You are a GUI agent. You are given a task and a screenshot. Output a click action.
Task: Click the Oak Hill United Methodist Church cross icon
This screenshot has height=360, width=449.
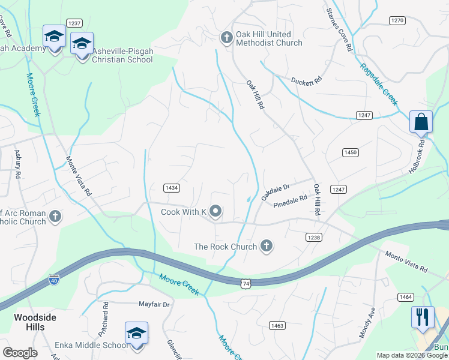tap(227, 38)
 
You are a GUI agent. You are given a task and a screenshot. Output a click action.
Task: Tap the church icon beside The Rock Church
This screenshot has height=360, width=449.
tap(267, 246)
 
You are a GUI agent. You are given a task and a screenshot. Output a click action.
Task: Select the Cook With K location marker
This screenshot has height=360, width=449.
tap(215, 212)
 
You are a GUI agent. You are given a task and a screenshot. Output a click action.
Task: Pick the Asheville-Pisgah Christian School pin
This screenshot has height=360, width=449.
tap(82, 44)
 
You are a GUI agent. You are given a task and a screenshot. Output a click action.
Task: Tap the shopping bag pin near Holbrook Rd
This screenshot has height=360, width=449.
tap(421, 122)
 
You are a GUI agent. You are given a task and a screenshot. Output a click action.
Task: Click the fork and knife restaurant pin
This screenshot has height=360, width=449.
tap(423, 317)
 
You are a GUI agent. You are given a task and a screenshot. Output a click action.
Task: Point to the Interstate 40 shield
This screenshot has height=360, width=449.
tap(54, 280)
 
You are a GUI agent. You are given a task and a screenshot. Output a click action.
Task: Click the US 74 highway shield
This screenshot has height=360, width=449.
tap(246, 283)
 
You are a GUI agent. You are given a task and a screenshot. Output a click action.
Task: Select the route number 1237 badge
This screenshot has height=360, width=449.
tap(74, 23)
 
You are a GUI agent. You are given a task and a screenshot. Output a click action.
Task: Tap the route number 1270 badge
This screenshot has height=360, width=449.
tap(397, 20)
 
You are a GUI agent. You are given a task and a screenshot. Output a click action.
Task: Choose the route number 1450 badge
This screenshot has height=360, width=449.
tap(351, 153)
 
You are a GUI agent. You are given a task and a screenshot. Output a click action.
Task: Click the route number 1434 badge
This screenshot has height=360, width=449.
tap(172, 188)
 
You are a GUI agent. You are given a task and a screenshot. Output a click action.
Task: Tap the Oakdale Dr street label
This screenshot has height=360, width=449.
tap(275, 192)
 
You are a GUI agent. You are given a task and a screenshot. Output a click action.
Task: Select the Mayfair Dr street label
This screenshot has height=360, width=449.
tap(154, 305)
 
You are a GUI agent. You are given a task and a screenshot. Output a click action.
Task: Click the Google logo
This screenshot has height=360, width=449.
tap(19, 353)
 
